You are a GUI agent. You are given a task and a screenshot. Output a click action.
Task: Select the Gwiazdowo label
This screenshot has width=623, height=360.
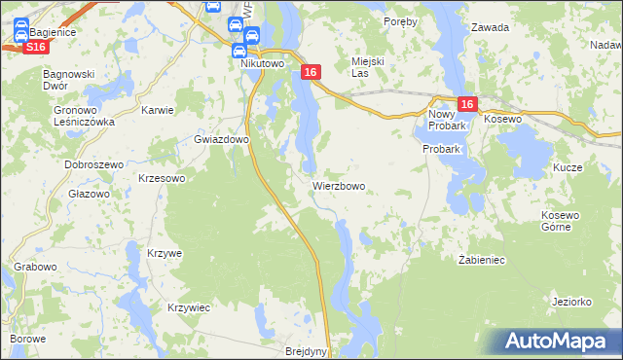[x=221, y=139]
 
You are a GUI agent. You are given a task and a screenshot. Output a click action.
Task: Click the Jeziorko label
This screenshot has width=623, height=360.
[x=571, y=302]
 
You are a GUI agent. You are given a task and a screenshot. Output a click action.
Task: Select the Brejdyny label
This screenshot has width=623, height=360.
[x=307, y=351]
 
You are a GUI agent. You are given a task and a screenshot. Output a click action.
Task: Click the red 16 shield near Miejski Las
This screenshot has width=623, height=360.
[x=310, y=73]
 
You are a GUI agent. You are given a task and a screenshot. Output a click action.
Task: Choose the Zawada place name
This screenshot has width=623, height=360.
[x=491, y=28]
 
